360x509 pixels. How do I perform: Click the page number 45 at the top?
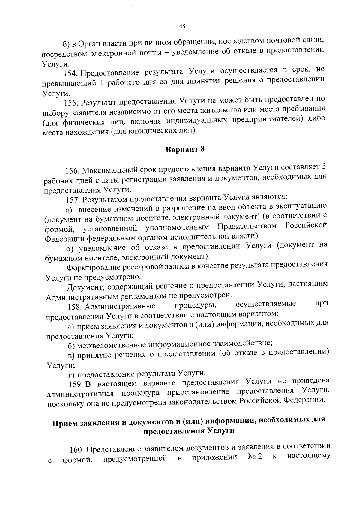point(182,26)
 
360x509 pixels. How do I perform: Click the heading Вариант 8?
point(185,150)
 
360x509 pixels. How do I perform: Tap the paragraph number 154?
point(71,73)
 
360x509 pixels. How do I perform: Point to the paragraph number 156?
point(72,171)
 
